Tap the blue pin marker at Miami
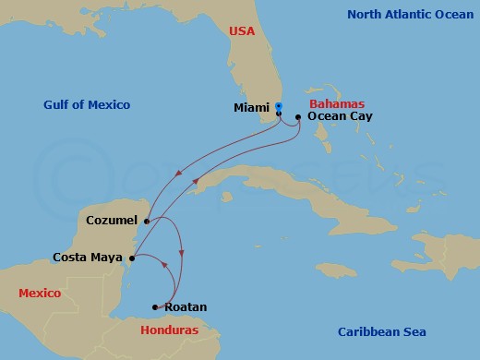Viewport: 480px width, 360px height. (279, 107)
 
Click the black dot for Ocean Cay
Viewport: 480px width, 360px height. (297, 117)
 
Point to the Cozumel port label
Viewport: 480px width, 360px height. (111, 221)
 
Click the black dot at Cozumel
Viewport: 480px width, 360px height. (146, 221)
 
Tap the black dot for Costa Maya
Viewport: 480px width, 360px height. (129, 258)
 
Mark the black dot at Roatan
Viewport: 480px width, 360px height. (155, 307)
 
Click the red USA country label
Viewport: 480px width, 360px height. (242, 31)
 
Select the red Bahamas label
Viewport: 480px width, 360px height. (338, 103)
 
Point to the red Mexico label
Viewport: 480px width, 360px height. (40, 293)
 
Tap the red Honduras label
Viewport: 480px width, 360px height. (170, 330)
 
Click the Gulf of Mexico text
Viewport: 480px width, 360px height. (87, 104)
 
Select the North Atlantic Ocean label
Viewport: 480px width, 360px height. (410, 14)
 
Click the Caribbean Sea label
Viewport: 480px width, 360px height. (381, 331)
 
